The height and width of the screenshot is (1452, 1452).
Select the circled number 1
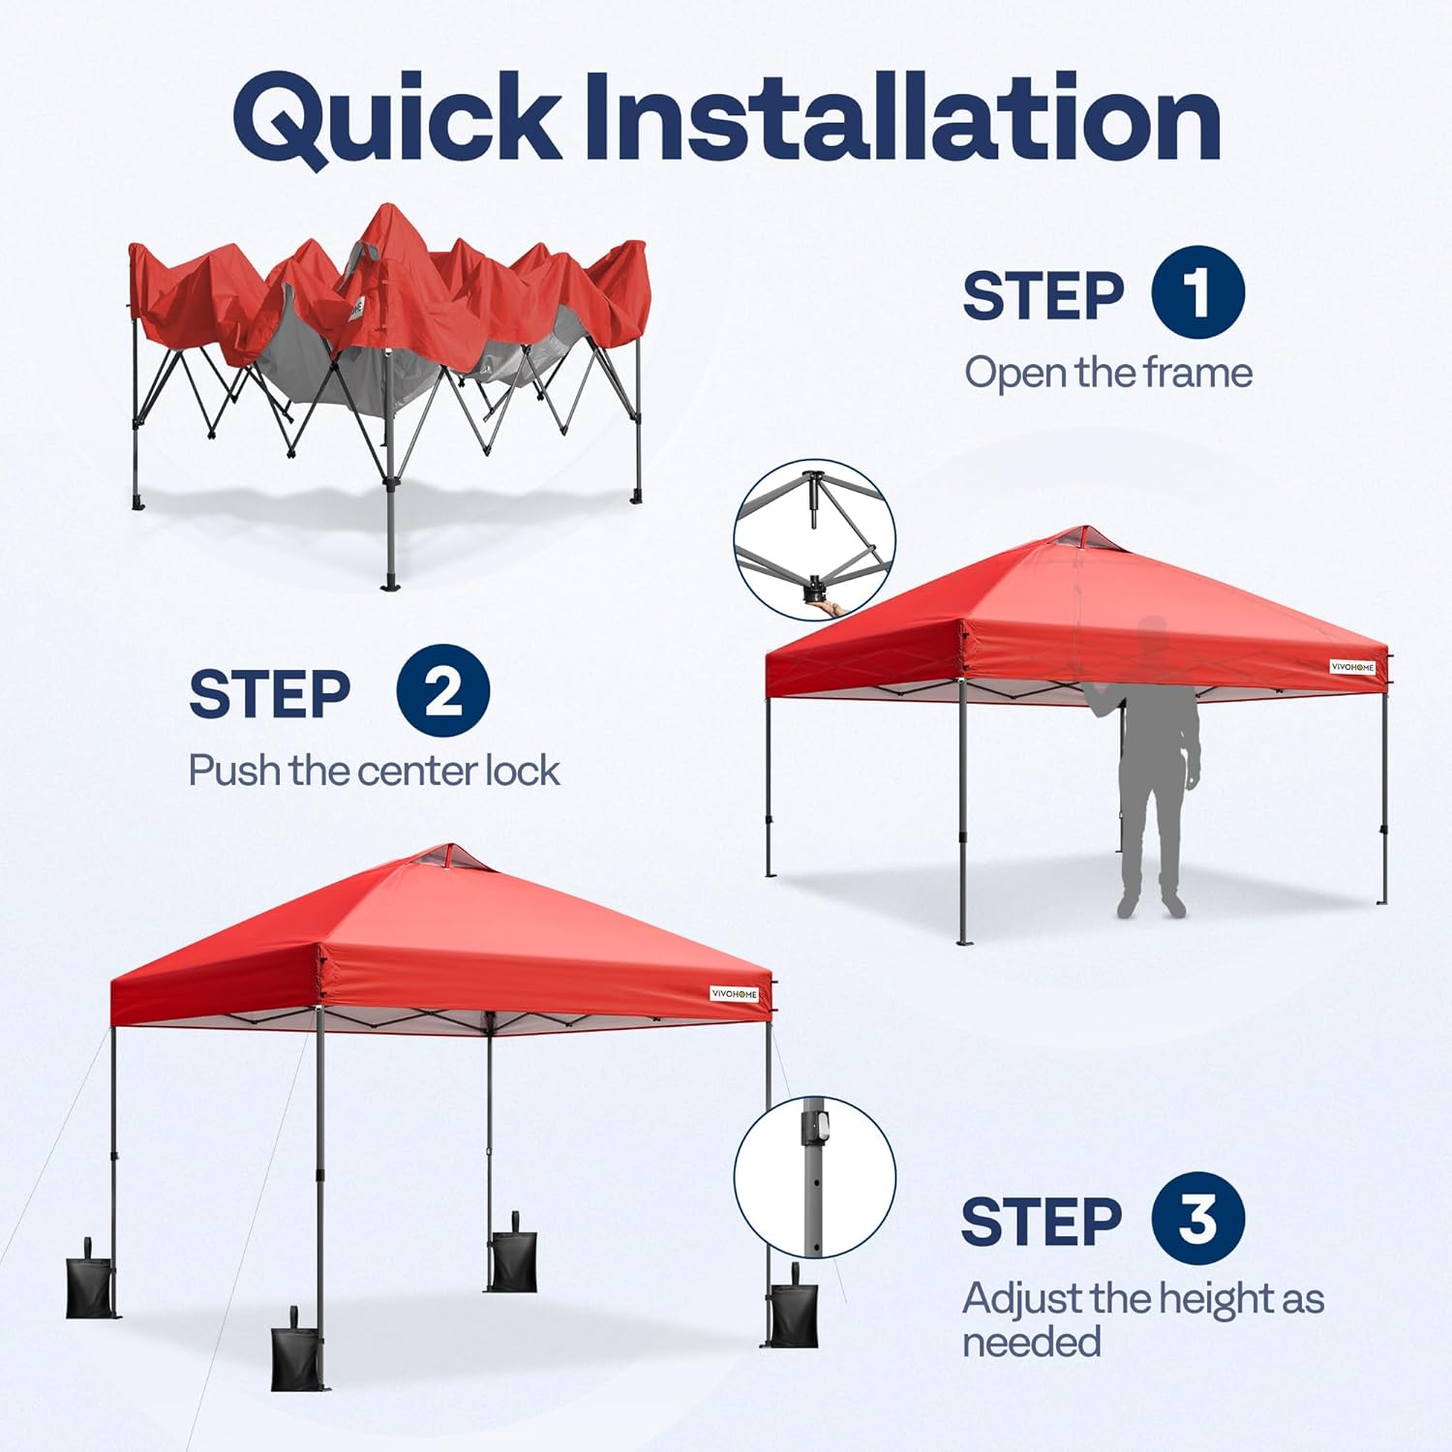tap(1197, 292)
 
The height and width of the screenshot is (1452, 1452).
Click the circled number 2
tap(442, 691)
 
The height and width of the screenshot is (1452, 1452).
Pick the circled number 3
tap(1197, 1218)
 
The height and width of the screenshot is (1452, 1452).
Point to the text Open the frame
tap(1108, 373)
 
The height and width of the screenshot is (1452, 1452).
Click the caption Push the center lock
tap(374, 771)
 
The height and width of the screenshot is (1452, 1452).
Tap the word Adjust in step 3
tap(1022, 1298)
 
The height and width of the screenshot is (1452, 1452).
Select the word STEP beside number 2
tap(269, 693)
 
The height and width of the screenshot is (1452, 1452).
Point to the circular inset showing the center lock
tap(814, 540)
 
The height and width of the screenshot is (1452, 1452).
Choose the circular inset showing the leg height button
tap(814, 1176)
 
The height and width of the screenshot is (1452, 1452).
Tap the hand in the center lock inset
tap(828, 607)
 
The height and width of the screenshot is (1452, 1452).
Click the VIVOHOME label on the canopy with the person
tap(1351, 667)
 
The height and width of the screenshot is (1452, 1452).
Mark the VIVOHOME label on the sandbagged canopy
tap(735, 994)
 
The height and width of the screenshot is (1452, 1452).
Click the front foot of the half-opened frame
tap(390, 584)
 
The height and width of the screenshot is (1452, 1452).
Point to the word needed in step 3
tap(1031, 1343)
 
